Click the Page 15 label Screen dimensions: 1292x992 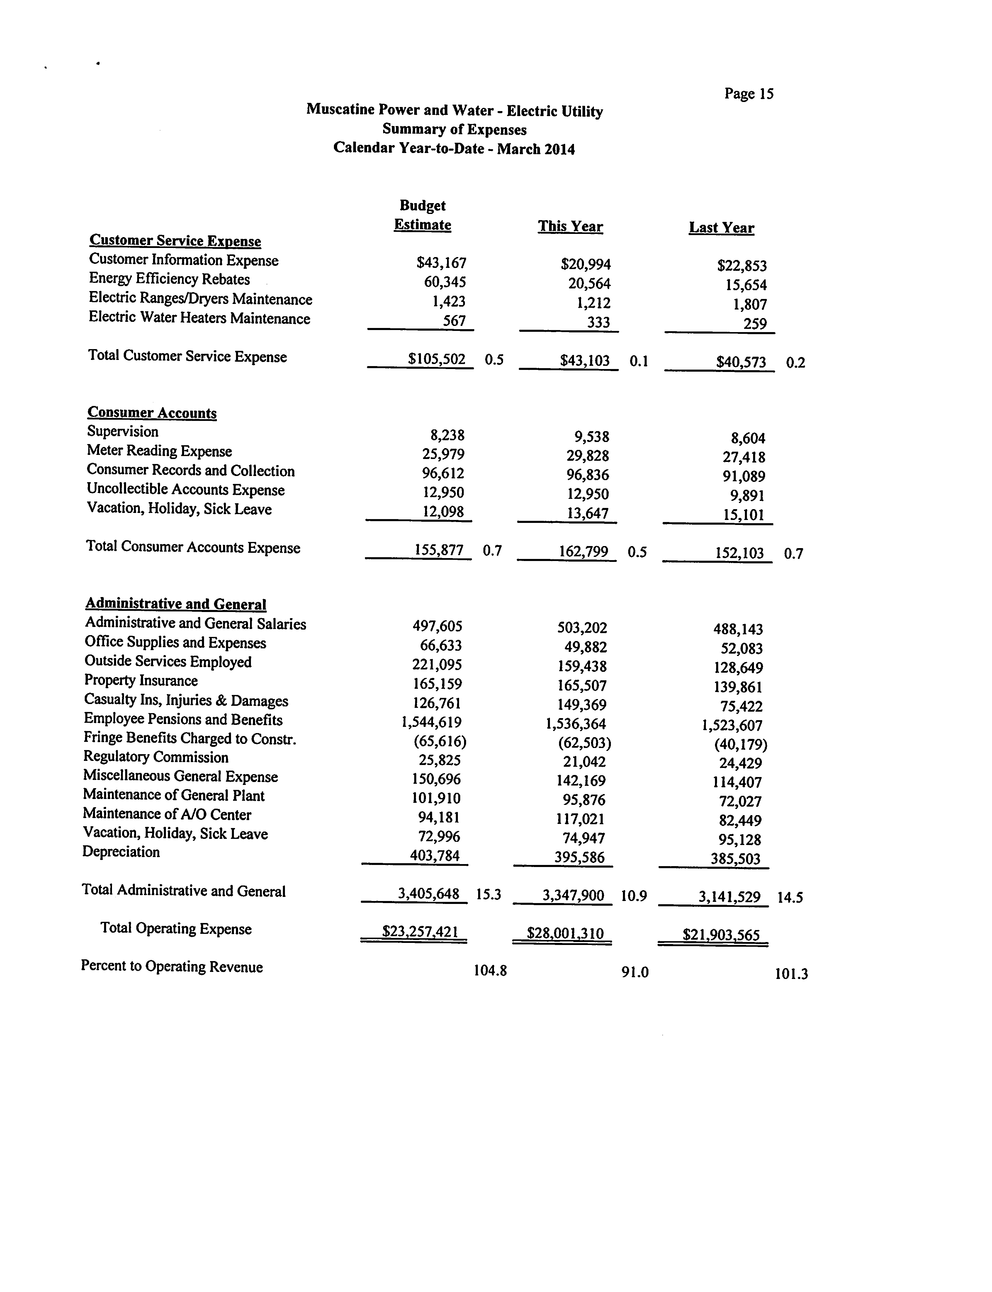749,94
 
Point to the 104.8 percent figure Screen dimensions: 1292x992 490,970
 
